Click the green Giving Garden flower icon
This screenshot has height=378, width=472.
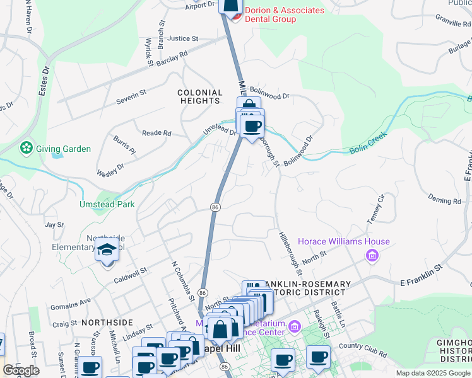(26, 148)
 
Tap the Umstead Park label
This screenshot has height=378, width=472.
(98, 205)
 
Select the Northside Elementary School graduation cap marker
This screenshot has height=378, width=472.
(107, 251)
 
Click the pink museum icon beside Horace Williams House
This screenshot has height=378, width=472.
(372, 255)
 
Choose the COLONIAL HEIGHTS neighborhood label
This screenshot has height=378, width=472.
(200, 97)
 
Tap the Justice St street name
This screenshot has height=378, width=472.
(183, 38)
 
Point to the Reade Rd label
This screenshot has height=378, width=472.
(156, 133)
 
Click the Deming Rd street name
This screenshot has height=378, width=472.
(444, 201)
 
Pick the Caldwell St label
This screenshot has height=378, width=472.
(130, 272)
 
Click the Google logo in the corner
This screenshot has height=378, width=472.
(21, 370)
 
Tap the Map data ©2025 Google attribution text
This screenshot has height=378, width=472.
(433, 373)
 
